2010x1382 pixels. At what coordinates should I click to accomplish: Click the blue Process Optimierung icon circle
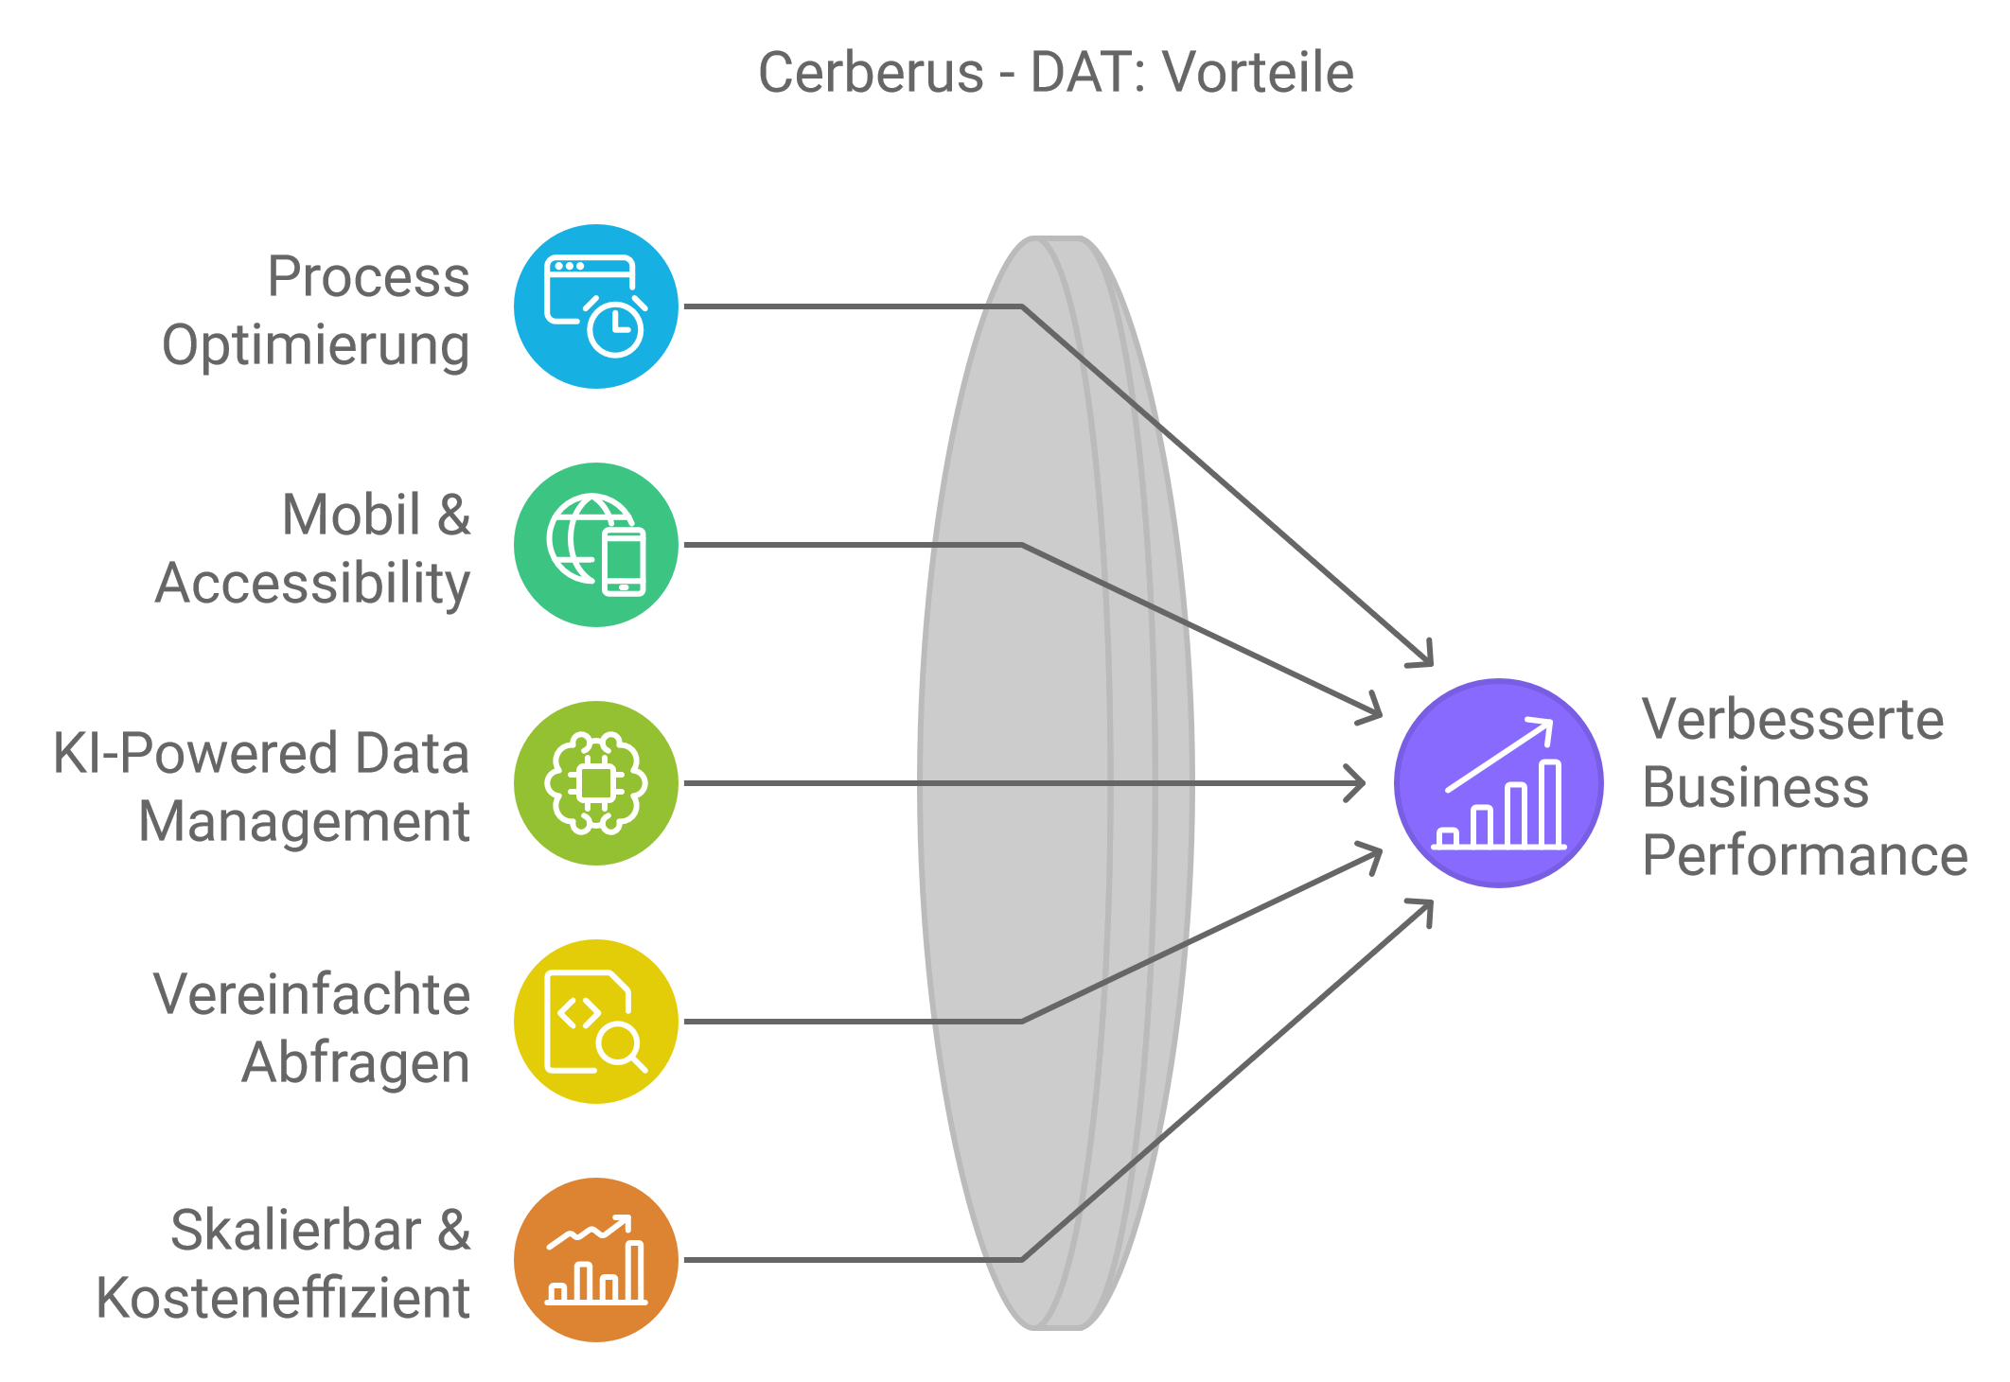point(596,306)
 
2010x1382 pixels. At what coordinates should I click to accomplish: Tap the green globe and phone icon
point(596,545)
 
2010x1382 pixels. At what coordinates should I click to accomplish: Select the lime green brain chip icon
point(596,783)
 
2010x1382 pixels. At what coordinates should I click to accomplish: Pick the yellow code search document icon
point(596,1022)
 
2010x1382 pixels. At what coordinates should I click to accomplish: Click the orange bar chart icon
point(596,1260)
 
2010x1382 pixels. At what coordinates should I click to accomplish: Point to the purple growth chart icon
point(1499,783)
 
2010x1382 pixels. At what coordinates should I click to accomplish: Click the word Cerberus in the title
point(872,73)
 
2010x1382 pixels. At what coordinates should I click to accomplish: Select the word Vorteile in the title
point(1258,73)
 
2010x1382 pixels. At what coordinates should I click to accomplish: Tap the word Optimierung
point(316,346)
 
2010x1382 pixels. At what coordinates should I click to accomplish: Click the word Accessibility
point(312,585)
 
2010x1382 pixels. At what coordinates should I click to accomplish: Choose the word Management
point(304,821)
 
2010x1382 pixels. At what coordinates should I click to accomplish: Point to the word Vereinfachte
point(311,994)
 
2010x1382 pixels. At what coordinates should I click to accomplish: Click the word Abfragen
point(356,1063)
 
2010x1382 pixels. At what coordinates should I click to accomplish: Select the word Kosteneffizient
point(283,1298)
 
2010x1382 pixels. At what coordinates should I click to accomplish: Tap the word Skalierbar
point(296,1230)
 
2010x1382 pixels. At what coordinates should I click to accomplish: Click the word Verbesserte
point(1793,719)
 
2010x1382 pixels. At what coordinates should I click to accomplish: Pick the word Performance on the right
point(1806,855)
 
